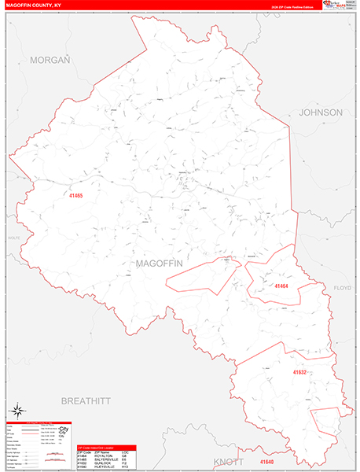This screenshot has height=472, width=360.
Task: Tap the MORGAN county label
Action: click(50, 60)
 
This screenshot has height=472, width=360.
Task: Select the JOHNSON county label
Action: click(320, 112)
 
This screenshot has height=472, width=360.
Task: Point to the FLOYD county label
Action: click(344, 288)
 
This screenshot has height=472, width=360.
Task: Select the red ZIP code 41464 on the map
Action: click(282, 286)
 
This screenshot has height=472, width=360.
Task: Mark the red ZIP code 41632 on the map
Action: click(300, 371)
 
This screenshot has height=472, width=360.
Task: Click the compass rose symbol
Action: click(18, 410)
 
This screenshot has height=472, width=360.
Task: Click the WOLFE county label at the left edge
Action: click(11, 237)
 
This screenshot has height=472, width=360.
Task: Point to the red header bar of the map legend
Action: click(38, 422)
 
